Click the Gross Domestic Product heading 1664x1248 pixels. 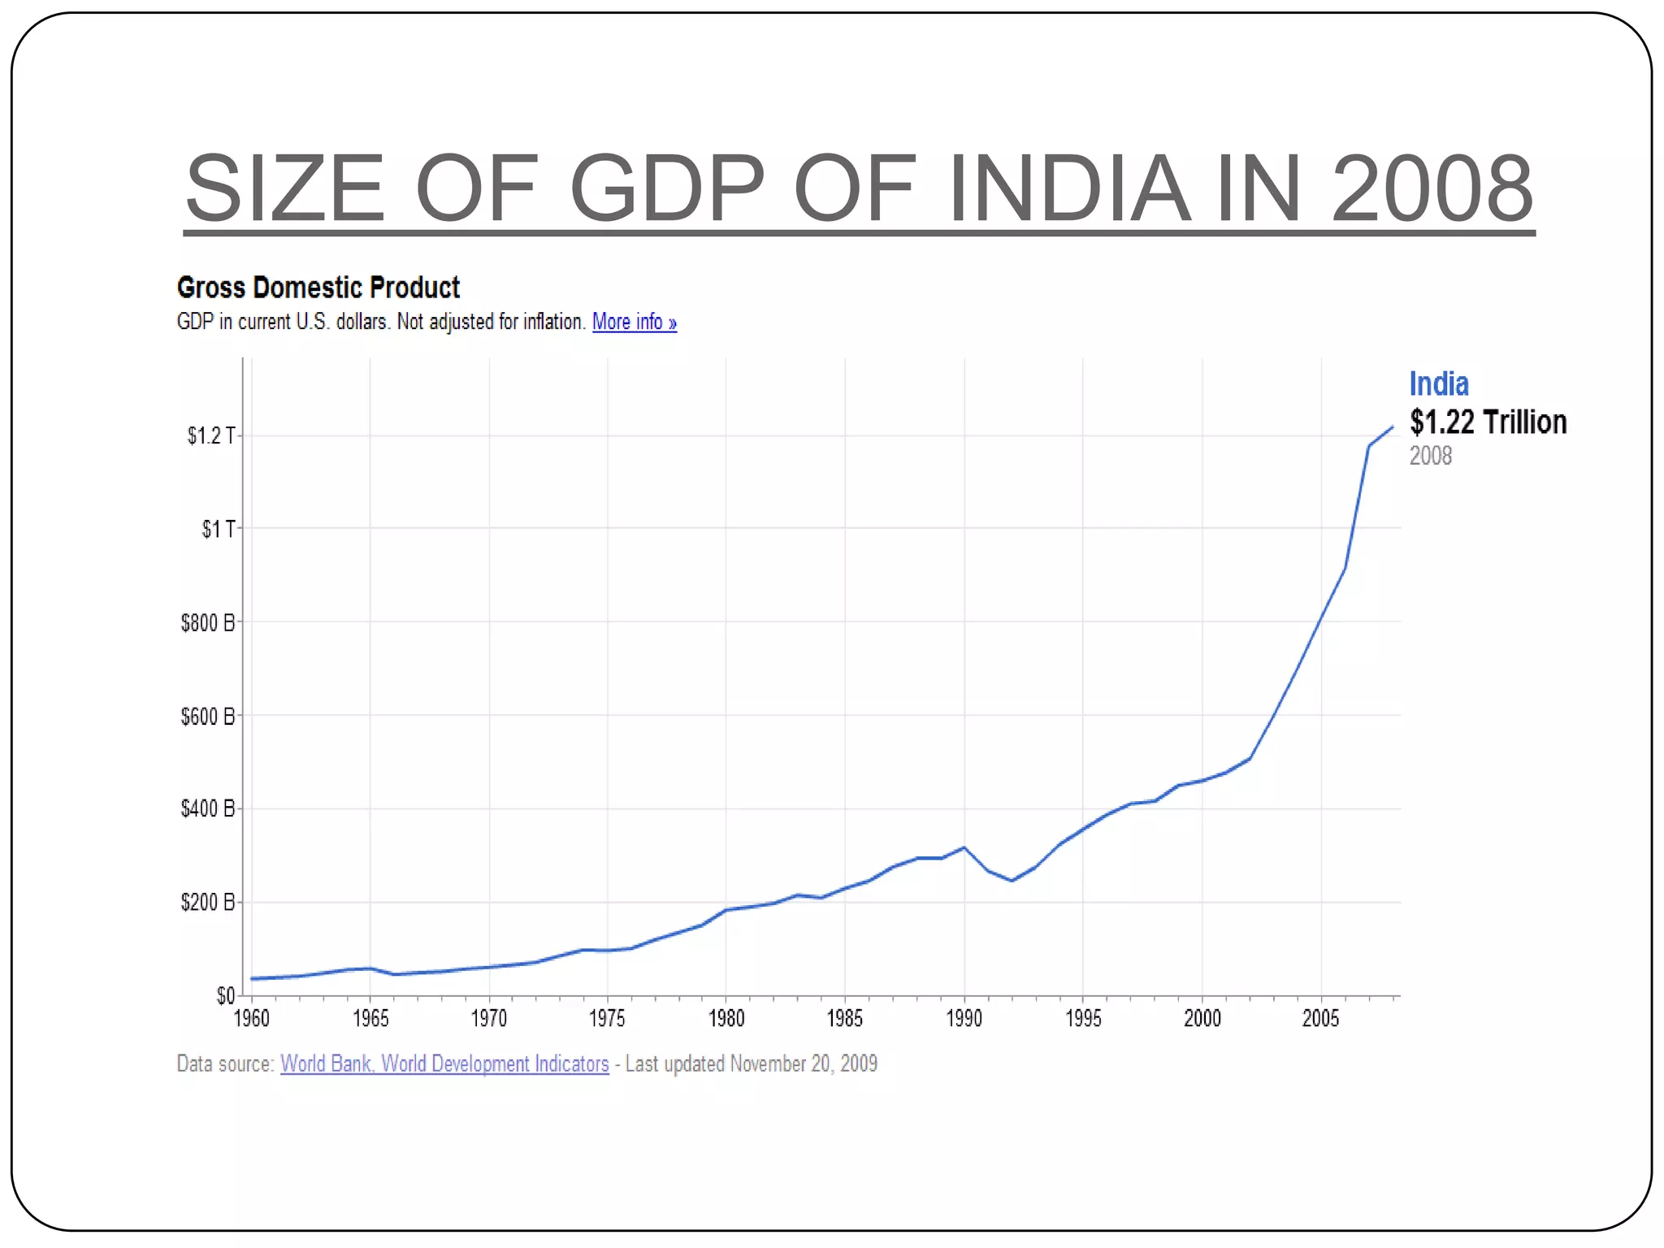point(318,288)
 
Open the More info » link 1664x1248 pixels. point(634,322)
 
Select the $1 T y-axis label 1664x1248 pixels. point(218,529)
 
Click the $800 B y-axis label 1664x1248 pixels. point(208,622)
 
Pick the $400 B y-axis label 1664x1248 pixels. point(208,808)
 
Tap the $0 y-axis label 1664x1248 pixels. point(225,995)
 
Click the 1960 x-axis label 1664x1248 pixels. point(251,1018)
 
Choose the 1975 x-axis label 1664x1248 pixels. point(607,1018)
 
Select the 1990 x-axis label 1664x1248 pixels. point(964,1018)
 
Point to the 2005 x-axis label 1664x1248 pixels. point(1320,1018)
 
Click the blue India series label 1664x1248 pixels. point(1438,383)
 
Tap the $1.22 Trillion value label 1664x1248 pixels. point(1488,422)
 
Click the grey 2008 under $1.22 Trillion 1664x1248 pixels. point(1430,456)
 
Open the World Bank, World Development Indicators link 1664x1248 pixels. point(444,1064)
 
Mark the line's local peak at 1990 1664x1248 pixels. point(964,847)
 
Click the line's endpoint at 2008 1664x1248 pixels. point(1392,427)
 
